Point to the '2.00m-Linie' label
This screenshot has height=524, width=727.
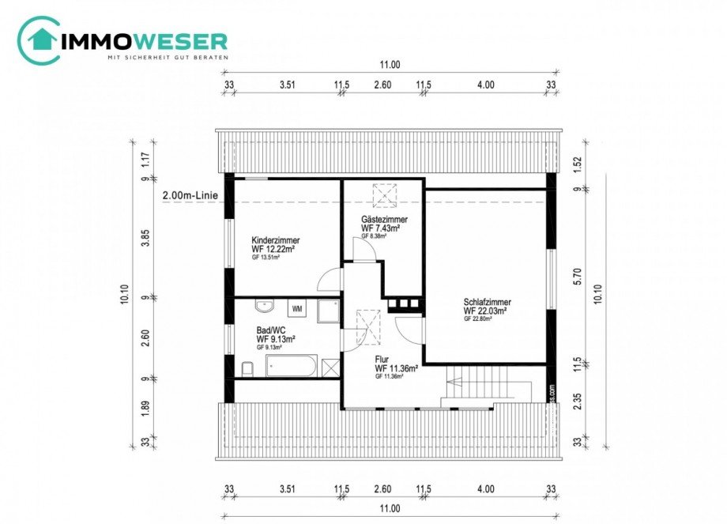[189, 195]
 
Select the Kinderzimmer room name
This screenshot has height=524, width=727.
[275, 240]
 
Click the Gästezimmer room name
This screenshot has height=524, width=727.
[385, 219]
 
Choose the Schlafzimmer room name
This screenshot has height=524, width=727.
[487, 302]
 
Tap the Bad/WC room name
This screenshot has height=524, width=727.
[271, 330]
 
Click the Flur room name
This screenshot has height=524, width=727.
[382, 359]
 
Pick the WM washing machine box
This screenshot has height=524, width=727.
[298, 308]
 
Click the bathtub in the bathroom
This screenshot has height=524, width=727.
[291, 366]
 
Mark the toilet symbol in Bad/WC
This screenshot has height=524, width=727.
[247, 368]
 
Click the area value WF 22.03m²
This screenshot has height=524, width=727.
[485, 311]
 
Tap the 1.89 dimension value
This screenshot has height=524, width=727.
[145, 408]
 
